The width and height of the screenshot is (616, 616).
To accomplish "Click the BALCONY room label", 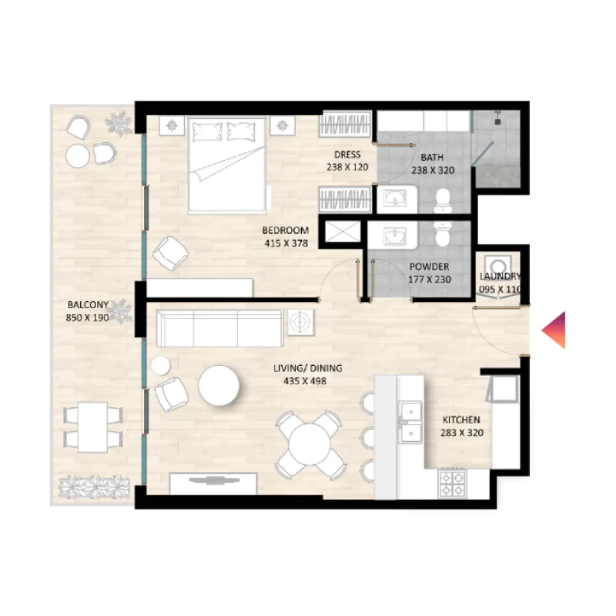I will click(88, 305).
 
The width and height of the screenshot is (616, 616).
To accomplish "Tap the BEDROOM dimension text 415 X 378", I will click(286, 243).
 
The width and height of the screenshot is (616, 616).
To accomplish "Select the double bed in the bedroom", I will click(227, 165).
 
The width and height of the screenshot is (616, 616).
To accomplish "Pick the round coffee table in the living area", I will click(220, 386).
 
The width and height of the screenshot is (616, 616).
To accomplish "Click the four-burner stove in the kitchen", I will click(452, 483).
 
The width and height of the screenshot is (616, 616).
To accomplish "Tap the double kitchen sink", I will click(409, 422).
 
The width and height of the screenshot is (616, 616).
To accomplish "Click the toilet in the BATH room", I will click(442, 200).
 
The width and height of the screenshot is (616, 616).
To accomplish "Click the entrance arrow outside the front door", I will click(554, 330).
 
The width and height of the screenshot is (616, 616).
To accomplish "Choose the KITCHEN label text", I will click(461, 420).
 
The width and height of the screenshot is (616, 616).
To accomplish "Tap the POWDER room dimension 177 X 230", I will click(430, 279).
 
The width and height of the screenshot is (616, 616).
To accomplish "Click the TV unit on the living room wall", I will click(213, 483).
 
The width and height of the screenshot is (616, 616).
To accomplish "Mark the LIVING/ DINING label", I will click(307, 368).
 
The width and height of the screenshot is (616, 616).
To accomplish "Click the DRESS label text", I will click(347, 155).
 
